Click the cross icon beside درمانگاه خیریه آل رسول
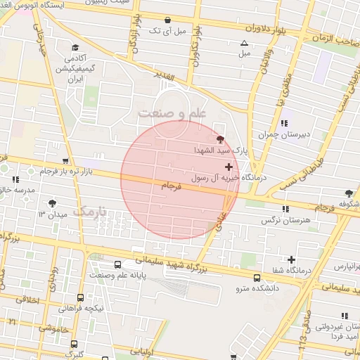coord(228,167)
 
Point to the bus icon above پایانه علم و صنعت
coord(117,265)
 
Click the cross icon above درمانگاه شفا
coord(291,260)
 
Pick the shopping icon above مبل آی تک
coord(167,20)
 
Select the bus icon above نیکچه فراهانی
coord(81,297)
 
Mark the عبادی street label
coord(224,211)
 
